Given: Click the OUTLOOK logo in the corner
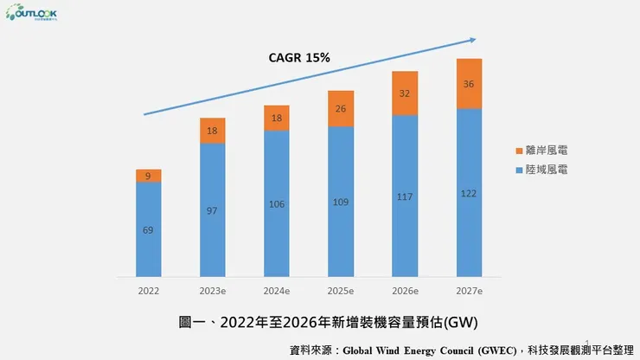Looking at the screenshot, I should [32, 15].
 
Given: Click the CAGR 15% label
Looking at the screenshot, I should [299, 58].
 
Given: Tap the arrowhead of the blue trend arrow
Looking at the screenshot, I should [473, 39].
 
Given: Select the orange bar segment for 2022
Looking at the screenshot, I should [148, 176].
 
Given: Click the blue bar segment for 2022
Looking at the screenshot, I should [148, 230].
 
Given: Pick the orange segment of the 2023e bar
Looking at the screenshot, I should [212, 131].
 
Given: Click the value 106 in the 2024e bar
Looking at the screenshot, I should [276, 204].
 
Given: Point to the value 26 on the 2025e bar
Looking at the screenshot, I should [341, 109].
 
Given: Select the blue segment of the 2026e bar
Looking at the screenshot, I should [405, 196].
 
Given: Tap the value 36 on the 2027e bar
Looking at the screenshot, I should [469, 84].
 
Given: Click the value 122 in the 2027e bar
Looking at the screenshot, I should [469, 193].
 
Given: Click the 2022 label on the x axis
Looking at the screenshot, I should [148, 292].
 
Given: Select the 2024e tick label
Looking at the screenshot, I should [276, 292].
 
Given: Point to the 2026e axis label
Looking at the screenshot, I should [405, 292].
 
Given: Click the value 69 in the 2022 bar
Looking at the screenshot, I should [148, 230].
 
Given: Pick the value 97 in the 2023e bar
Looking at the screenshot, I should [212, 210].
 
